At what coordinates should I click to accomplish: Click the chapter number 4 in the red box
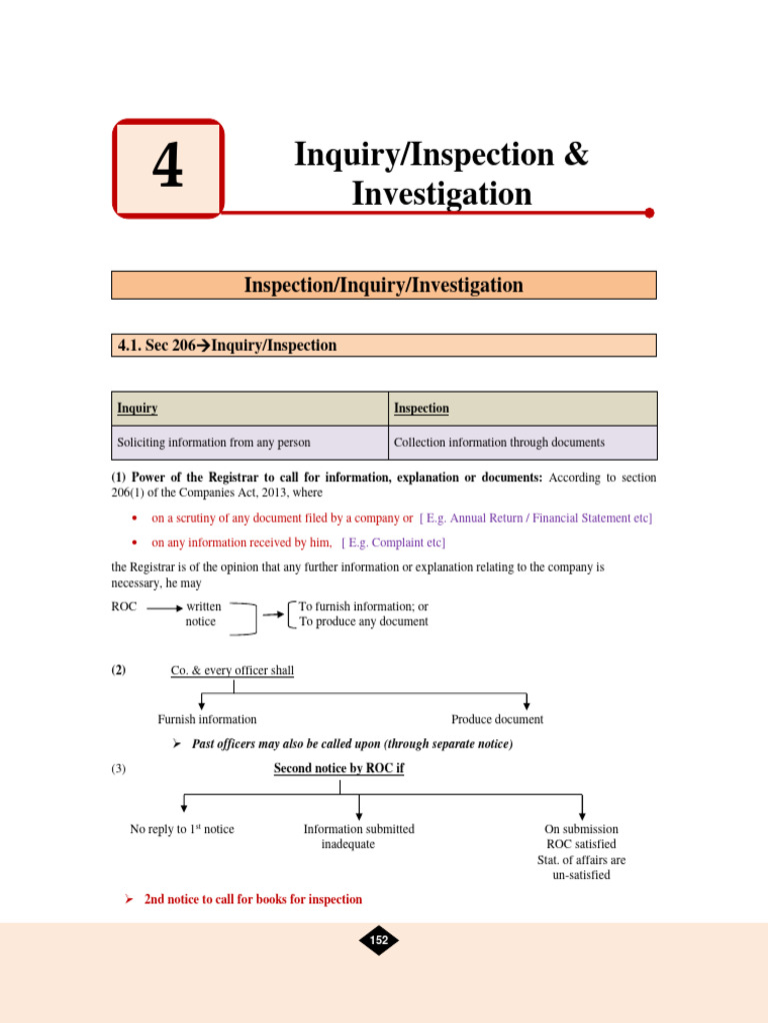(x=168, y=168)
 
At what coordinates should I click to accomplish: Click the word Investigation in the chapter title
(x=441, y=193)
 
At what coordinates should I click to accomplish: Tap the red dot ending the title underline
(x=649, y=213)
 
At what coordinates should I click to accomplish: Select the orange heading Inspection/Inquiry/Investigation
(x=383, y=286)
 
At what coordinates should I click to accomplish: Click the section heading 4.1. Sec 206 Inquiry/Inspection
(x=227, y=346)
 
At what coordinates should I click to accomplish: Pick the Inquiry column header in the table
(x=137, y=409)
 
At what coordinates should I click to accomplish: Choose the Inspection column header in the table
(x=421, y=409)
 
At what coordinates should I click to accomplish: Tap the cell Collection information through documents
(x=499, y=443)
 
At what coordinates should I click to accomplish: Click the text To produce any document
(x=363, y=621)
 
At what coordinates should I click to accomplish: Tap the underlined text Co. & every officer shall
(x=232, y=670)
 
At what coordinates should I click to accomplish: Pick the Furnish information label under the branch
(x=207, y=719)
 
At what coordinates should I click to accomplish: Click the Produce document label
(x=497, y=719)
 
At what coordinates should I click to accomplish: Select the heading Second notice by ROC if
(x=339, y=768)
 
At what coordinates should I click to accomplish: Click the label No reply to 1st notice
(x=182, y=829)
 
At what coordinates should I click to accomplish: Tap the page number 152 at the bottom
(x=379, y=940)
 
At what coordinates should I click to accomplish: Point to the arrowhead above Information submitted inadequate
(x=359, y=814)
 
